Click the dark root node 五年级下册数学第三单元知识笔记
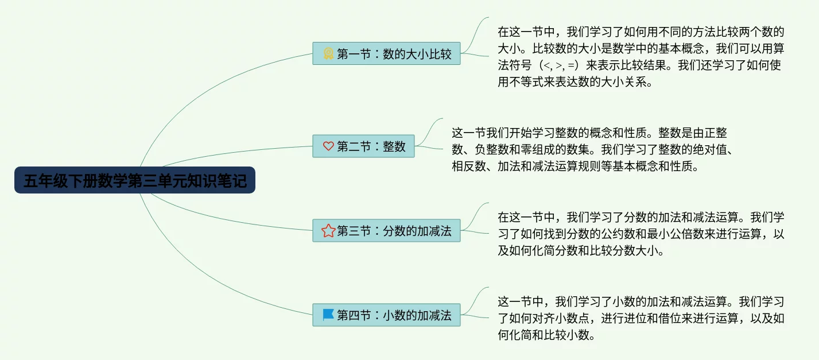pos(135,180)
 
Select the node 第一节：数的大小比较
pos(386,53)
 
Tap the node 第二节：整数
pos(363,146)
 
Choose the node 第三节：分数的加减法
pos(386,230)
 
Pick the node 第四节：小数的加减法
pos(386,315)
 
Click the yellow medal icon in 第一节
pos(328,53)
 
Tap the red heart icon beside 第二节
pos(328,146)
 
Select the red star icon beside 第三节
pos(328,230)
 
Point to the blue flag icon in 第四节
pos(328,315)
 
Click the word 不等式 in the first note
pos(537,82)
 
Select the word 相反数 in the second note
pos(469,166)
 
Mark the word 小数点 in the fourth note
pos(572,318)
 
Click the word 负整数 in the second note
pos(492,149)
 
